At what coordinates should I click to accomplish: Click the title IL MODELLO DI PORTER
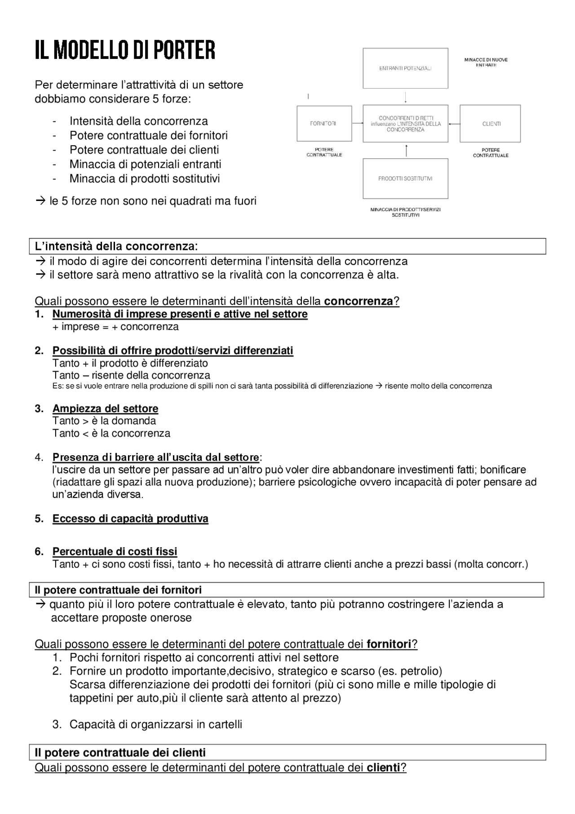[125, 50]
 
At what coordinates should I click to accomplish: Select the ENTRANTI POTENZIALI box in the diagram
[405, 68]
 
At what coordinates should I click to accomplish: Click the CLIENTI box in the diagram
[491, 124]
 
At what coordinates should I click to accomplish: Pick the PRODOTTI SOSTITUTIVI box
[405, 178]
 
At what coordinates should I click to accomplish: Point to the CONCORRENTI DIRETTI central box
[405, 124]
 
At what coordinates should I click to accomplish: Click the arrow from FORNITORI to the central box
[357, 123]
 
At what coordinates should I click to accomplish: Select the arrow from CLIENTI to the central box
[454, 124]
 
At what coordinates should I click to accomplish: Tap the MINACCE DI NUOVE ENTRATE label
[486, 62]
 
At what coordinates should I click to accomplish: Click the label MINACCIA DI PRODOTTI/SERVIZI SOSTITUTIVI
[405, 212]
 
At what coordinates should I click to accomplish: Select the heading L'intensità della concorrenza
[116, 246]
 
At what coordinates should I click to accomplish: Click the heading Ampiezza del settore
[105, 409]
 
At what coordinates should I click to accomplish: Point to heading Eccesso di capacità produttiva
[130, 519]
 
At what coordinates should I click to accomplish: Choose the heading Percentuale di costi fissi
[115, 552]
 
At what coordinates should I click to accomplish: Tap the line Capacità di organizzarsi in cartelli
[155, 724]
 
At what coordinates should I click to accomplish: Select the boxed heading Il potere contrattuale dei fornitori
[118, 590]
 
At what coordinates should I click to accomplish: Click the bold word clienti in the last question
[383, 767]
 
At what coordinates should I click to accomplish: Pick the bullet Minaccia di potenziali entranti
[145, 164]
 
